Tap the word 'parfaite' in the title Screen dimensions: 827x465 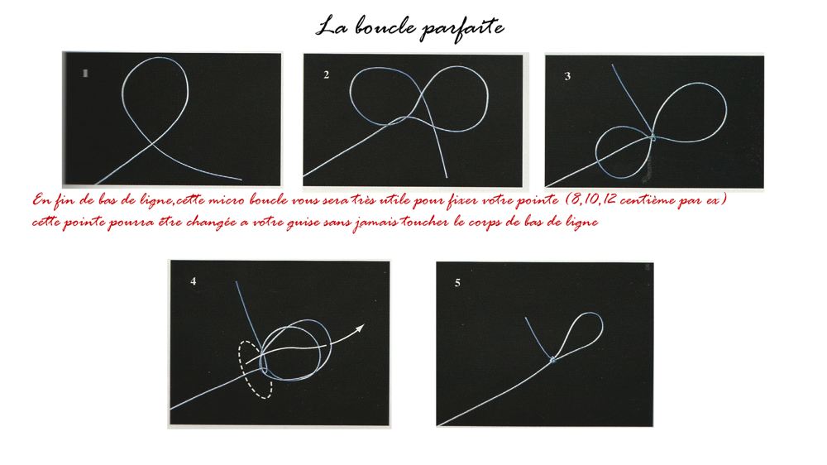pyautogui.click(x=462, y=28)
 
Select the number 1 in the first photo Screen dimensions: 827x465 pyautogui.click(x=85, y=74)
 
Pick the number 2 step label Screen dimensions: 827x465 pyautogui.click(x=327, y=75)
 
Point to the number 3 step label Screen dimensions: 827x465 pyautogui.click(x=567, y=76)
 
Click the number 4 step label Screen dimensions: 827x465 pyautogui.click(x=193, y=281)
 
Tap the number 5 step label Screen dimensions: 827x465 pyautogui.click(x=457, y=283)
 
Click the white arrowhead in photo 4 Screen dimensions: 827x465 pyautogui.click(x=360, y=328)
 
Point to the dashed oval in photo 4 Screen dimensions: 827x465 pyautogui.click(x=241, y=370)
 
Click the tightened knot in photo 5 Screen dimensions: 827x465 pyautogui.click(x=552, y=360)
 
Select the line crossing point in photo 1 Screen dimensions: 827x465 pyautogui.click(x=152, y=142)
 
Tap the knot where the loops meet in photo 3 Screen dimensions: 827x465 pyautogui.click(x=653, y=137)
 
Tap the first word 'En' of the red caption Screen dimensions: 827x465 pyautogui.click(x=41, y=200)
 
